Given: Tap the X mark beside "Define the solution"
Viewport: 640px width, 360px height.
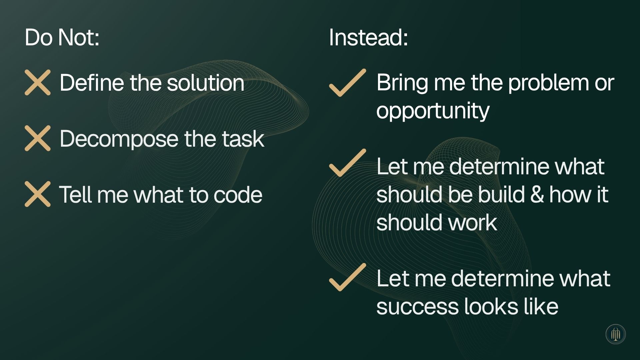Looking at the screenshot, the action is (x=38, y=82).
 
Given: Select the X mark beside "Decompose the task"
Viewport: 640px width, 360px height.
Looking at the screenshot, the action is (x=38, y=138).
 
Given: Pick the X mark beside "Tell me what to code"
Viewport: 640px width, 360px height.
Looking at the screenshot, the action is (x=38, y=194).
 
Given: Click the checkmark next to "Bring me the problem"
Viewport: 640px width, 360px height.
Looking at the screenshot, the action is (x=347, y=83).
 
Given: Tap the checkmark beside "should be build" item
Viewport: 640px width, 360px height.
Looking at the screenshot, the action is (x=347, y=163).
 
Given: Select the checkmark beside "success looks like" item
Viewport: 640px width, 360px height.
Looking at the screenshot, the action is (x=347, y=277).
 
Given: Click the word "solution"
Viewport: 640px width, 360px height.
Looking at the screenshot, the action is (x=205, y=83).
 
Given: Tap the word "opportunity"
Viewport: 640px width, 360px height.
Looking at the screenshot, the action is (x=433, y=111).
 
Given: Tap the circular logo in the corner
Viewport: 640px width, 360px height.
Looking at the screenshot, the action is (x=615, y=334).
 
